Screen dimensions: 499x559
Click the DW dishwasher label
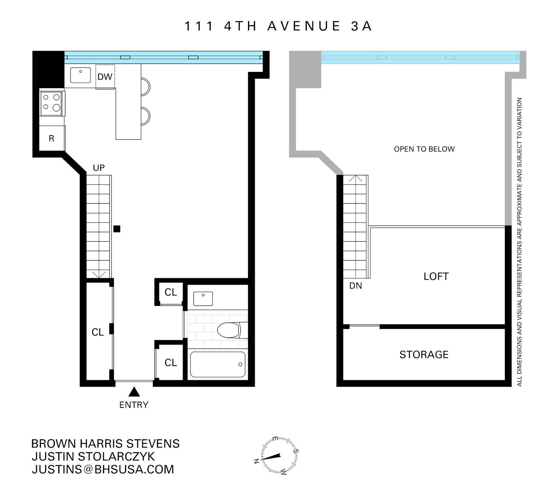(105, 77)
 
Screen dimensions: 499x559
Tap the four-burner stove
(52, 103)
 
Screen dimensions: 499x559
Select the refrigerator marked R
(52, 139)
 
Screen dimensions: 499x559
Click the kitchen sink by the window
(81, 75)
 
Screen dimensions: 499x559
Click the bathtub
(217, 364)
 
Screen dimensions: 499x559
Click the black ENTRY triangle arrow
(134, 392)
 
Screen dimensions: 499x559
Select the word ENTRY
(134, 405)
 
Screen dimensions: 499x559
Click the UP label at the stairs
(99, 168)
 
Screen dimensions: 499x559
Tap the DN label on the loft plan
(355, 286)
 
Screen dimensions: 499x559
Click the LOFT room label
(436, 277)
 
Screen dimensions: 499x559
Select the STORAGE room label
(424, 355)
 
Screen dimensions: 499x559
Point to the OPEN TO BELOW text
(424, 149)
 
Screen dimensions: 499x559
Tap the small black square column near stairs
(117, 229)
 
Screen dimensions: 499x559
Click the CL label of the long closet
(97, 332)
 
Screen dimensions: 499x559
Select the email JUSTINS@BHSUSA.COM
(103, 469)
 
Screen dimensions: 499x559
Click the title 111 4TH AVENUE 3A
(278, 27)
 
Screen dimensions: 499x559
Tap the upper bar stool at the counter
(145, 87)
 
